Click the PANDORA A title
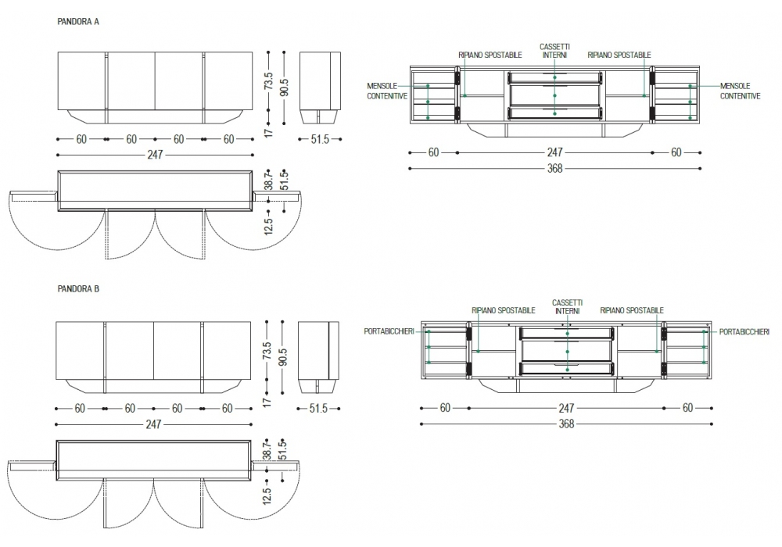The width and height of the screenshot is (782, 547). [78, 22]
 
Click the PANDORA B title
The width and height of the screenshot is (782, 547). [78, 289]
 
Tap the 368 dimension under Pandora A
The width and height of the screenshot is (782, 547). [554, 168]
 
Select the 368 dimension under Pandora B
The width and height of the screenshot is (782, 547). [566, 424]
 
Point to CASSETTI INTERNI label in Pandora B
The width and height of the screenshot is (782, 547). [566, 306]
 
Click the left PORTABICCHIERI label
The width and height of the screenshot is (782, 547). [388, 331]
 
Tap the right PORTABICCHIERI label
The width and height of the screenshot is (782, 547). [744, 331]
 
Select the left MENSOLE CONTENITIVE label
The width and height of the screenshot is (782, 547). [387, 91]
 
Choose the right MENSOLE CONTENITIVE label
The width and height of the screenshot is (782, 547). [740, 91]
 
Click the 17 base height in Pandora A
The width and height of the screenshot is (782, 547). [267, 134]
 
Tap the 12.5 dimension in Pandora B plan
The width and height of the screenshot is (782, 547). [267, 495]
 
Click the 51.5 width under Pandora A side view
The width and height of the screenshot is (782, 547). [320, 140]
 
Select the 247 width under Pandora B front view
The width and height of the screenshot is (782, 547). [153, 424]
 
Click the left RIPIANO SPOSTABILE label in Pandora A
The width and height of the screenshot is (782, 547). [490, 55]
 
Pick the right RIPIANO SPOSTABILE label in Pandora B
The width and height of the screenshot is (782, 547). [633, 310]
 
